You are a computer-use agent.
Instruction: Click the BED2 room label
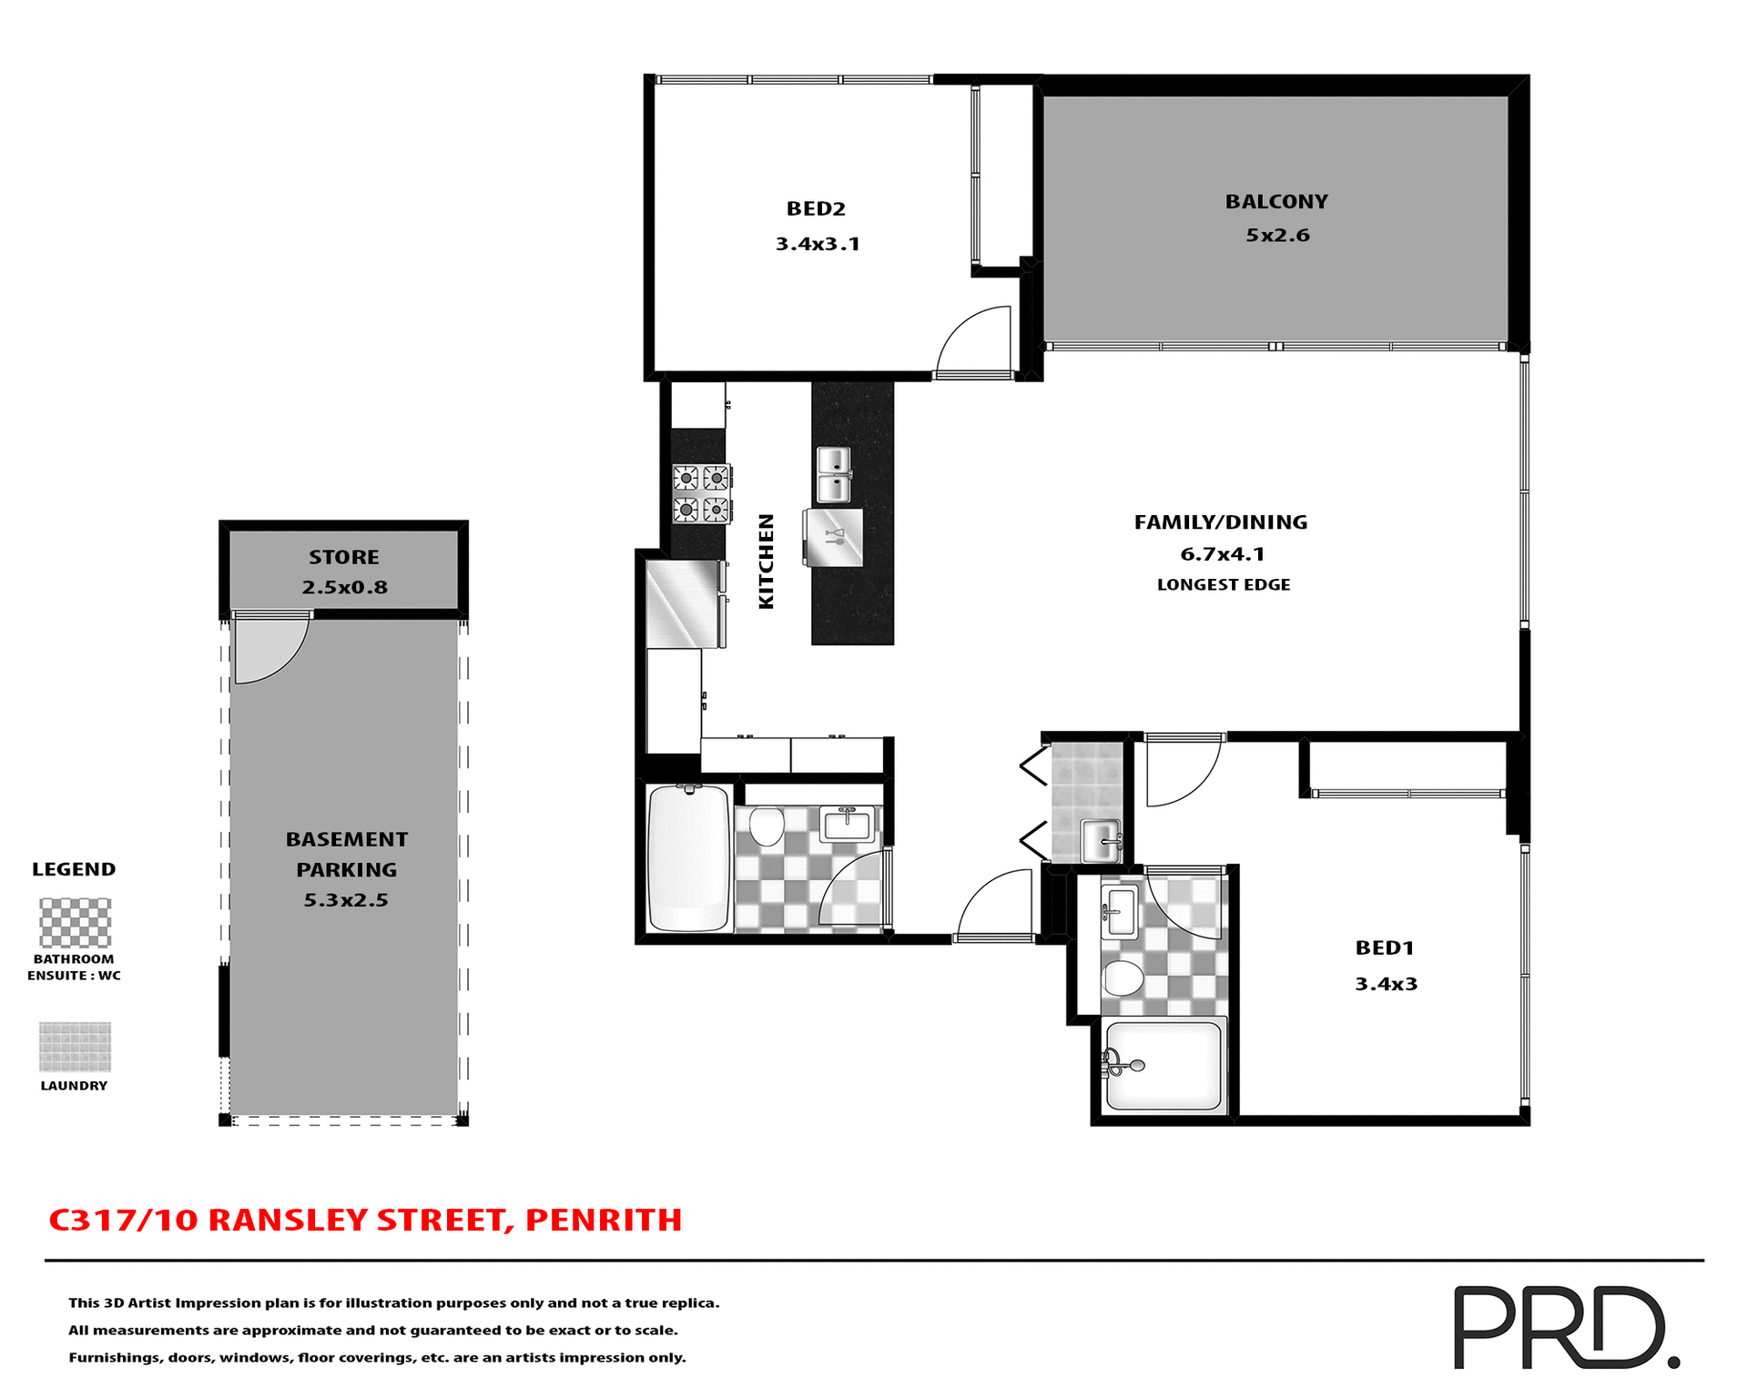[x=816, y=208]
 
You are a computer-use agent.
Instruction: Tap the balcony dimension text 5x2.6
[x=1277, y=235]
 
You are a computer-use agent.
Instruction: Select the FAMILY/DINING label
[x=1220, y=522]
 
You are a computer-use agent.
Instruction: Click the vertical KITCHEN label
[x=767, y=561]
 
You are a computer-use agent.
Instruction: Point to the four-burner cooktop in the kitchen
[x=701, y=493]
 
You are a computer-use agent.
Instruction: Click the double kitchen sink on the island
[x=833, y=474]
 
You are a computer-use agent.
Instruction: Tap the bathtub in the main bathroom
[x=688, y=858]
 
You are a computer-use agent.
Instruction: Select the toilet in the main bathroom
[x=767, y=826]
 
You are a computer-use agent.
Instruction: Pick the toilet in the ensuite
[x=1123, y=979]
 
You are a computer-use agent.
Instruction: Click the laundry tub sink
[x=1101, y=838]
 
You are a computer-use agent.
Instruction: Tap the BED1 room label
[x=1384, y=947]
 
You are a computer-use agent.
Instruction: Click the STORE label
[x=343, y=557]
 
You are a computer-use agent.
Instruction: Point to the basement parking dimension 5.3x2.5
[x=346, y=900]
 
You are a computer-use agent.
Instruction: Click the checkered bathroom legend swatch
[x=75, y=922]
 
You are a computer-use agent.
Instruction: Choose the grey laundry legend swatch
[x=75, y=1047]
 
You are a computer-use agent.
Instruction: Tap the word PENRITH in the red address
[x=604, y=1220]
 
